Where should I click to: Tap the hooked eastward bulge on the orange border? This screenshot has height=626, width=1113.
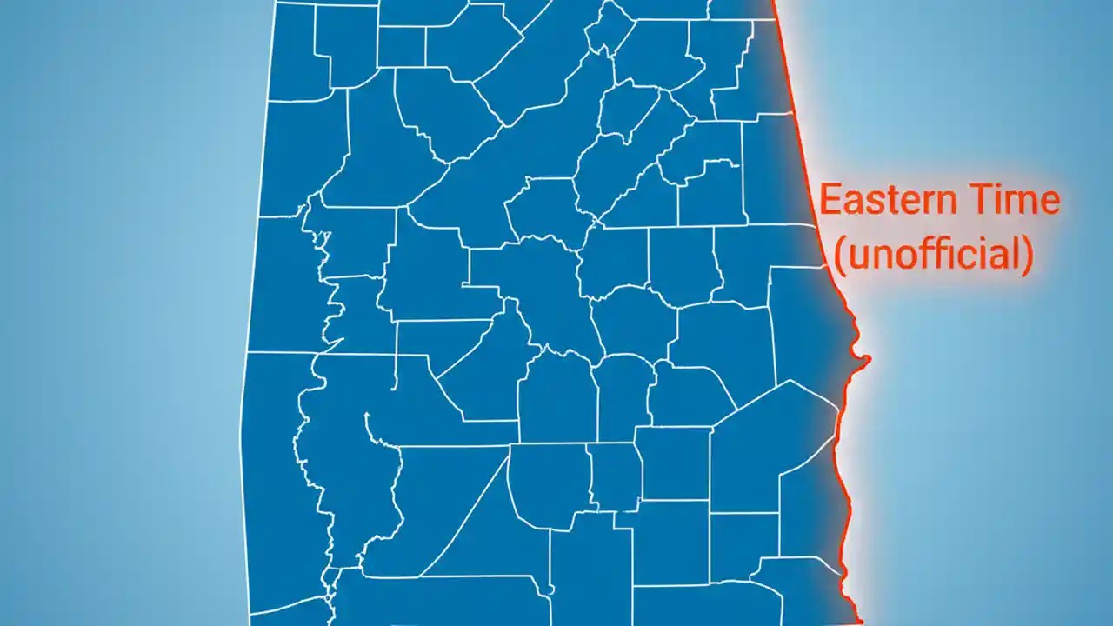[x=863, y=359]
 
